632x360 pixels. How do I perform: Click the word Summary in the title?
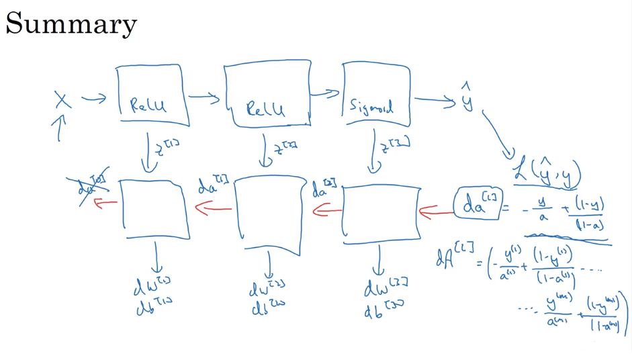pos(71,24)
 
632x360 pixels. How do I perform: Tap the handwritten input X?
pos(63,101)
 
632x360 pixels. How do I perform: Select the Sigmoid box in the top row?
pos(375,95)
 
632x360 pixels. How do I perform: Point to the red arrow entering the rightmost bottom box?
pos(435,214)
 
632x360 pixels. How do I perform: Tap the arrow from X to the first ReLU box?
pos(94,99)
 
